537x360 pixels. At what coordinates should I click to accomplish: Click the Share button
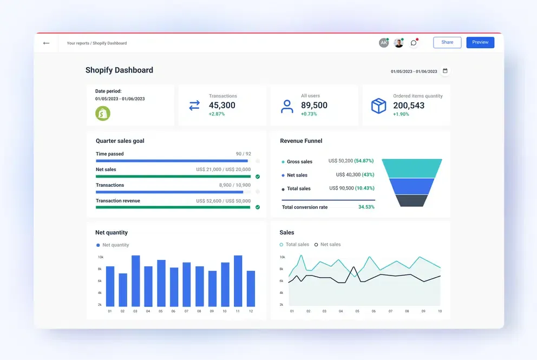click(447, 42)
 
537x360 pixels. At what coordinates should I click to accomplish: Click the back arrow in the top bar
click(46, 43)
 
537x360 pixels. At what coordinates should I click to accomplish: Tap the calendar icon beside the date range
click(445, 71)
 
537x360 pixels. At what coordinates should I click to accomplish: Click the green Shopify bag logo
click(103, 113)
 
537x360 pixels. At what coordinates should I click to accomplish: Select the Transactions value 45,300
click(222, 106)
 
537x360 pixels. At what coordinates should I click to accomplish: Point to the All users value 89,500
click(314, 106)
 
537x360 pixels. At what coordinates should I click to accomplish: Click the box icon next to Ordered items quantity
click(378, 106)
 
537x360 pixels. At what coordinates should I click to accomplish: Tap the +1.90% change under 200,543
click(401, 114)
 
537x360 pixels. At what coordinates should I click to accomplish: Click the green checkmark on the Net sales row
click(258, 176)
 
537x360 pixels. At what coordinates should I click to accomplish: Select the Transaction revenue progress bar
click(173, 207)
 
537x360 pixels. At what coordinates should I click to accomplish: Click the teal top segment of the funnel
click(412, 168)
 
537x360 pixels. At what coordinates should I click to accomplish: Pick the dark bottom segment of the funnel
click(412, 200)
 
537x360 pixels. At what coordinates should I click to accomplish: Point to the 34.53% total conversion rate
click(366, 207)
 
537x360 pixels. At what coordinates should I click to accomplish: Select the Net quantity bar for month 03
click(135, 282)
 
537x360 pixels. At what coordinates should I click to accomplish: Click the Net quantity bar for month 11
click(238, 282)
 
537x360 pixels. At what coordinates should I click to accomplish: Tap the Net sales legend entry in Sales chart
click(328, 245)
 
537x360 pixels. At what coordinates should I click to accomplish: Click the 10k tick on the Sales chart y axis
click(281, 257)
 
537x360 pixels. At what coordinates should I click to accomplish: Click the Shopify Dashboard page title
click(119, 70)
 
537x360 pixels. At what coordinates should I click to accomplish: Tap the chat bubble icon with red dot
click(414, 43)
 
